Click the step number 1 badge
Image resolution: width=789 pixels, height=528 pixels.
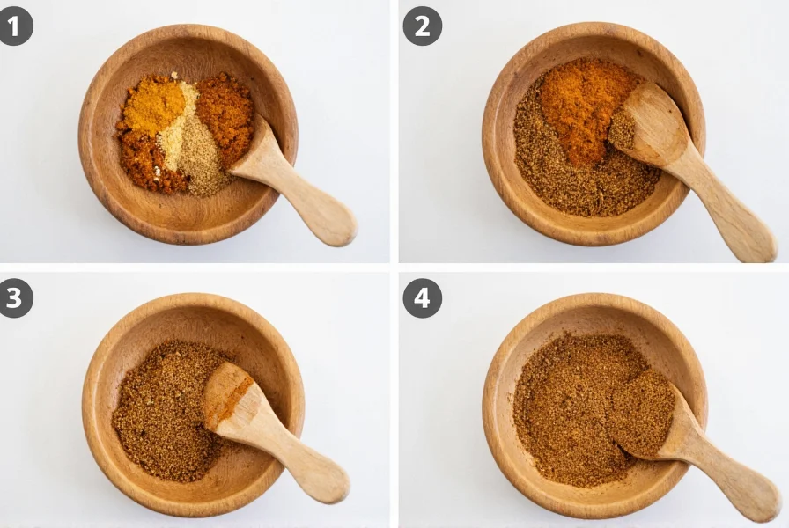(x=14, y=26)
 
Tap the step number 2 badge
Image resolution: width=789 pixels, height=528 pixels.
(x=422, y=26)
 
